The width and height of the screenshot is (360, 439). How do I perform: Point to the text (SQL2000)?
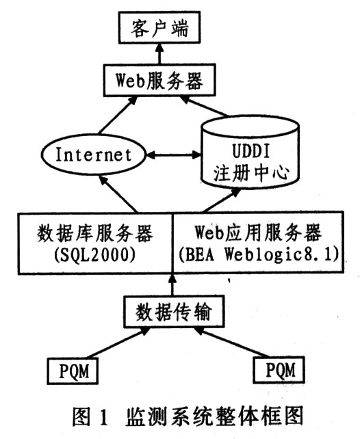click(x=95, y=255)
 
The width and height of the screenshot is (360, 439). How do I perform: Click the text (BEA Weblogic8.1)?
click(x=259, y=255)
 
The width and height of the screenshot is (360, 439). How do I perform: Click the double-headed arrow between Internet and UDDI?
click(x=174, y=155)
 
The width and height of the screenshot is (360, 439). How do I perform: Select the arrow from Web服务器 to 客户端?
click(x=159, y=54)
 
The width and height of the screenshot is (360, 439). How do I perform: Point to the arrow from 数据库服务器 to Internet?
click(x=118, y=194)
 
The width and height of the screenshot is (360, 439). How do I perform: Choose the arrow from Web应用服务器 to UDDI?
click(x=221, y=200)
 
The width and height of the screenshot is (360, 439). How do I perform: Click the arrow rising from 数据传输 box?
click(x=172, y=284)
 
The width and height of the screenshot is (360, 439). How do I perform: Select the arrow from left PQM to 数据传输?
click(x=119, y=343)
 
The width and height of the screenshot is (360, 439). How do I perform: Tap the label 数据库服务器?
click(x=95, y=233)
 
